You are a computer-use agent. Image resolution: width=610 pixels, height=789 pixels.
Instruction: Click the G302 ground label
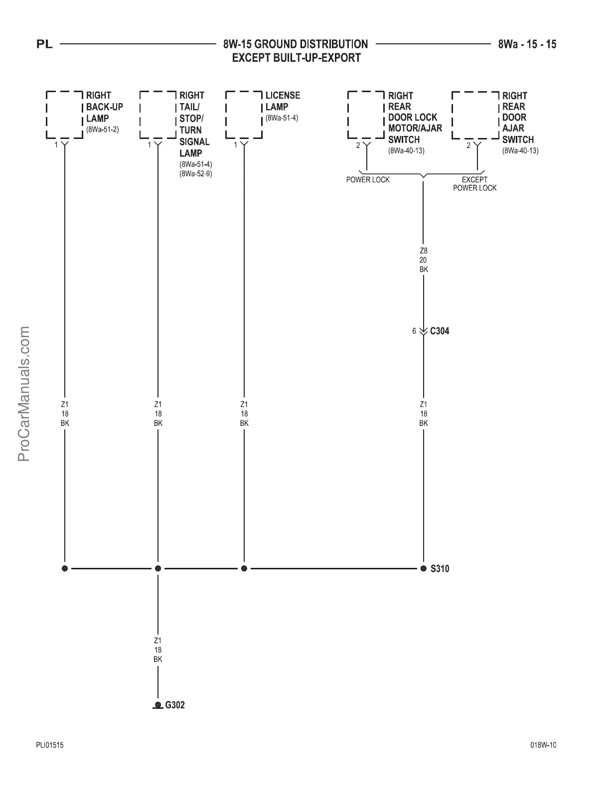click(174, 705)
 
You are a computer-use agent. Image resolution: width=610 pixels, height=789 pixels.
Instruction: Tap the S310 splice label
click(440, 568)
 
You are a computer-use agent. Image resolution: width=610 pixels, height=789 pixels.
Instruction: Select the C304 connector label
click(439, 331)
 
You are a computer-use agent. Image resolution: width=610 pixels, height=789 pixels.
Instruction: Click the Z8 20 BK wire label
click(424, 260)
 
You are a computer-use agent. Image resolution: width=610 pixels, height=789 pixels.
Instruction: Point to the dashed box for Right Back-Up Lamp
click(64, 115)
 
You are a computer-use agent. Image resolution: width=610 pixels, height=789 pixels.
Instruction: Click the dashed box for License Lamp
click(244, 115)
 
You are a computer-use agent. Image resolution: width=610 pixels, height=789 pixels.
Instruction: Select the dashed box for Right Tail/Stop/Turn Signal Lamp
click(158, 115)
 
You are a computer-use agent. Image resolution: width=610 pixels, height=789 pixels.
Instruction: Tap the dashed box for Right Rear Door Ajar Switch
click(475, 115)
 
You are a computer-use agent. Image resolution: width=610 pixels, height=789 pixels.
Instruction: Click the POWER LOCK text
click(368, 180)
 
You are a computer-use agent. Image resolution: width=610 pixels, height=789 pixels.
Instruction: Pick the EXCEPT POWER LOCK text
click(474, 184)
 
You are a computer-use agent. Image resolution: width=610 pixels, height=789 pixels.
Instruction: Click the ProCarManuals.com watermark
click(23, 394)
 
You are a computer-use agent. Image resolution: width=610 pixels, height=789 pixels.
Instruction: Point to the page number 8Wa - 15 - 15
click(527, 44)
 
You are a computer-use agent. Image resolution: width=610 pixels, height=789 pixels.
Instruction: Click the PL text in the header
click(44, 45)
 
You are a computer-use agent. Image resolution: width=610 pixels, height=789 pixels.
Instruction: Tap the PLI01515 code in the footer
click(50, 745)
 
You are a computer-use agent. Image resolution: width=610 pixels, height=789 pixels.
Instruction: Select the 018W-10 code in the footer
click(543, 745)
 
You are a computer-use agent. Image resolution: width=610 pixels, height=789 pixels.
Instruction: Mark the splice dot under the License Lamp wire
click(244, 568)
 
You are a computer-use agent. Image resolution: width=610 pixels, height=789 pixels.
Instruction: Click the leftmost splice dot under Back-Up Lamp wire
click(64, 568)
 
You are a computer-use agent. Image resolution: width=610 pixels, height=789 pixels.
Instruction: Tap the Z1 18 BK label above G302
click(158, 650)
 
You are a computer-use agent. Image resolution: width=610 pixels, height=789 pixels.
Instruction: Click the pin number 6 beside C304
click(414, 331)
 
